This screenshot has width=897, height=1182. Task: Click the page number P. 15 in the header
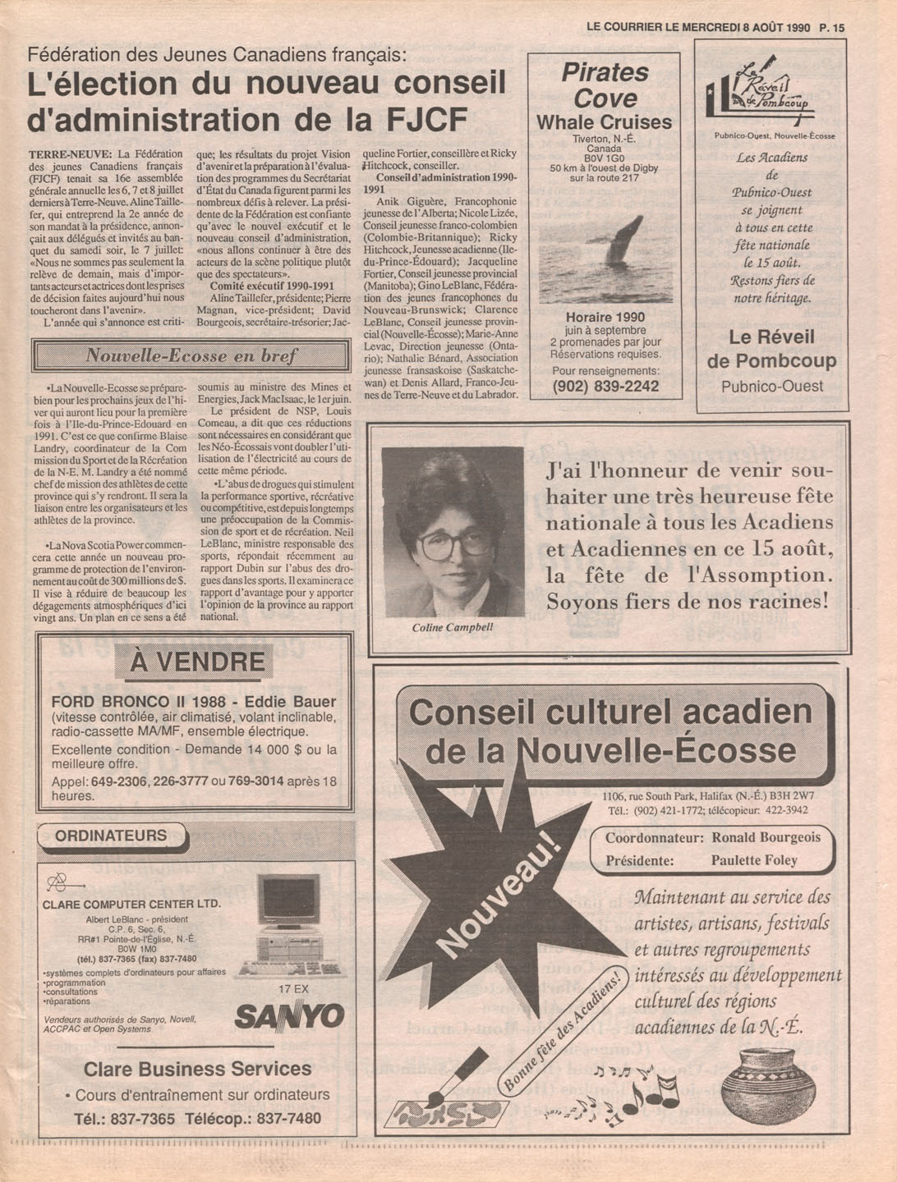tap(831, 27)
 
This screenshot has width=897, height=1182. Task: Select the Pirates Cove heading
tap(605, 85)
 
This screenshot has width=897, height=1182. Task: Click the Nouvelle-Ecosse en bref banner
tap(191, 356)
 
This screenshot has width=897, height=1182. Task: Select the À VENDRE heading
tap(197, 662)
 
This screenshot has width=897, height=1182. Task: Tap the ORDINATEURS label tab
tap(112, 836)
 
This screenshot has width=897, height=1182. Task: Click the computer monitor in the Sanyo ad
tap(287, 900)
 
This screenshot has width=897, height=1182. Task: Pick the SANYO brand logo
tap(289, 1016)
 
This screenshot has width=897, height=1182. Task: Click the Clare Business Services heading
tap(197, 1069)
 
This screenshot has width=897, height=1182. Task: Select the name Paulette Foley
tap(754, 860)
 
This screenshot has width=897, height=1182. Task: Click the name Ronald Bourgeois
tap(766, 838)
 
